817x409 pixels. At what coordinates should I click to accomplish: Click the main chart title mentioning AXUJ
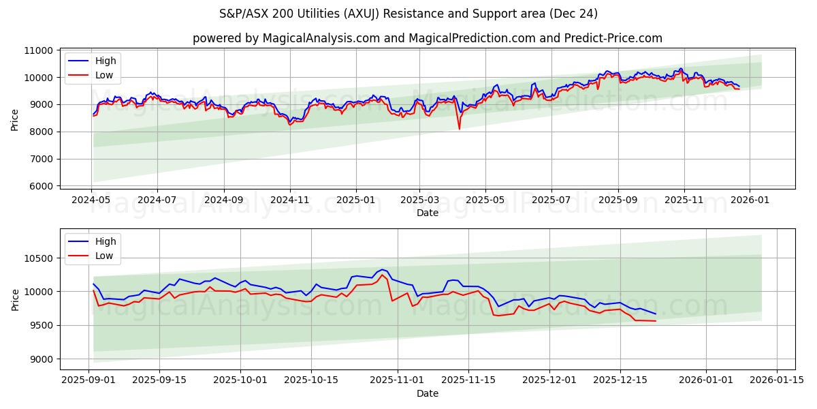[408, 14]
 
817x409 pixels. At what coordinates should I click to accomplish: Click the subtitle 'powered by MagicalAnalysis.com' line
[427, 38]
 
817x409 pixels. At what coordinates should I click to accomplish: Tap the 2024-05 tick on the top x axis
[91, 200]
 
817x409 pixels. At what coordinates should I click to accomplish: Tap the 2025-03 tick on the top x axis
[419, 200]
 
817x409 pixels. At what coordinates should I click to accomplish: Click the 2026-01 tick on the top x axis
[750, 200]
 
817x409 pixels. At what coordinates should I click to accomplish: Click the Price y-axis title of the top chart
[15, 119]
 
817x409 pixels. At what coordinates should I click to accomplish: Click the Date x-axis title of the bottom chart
[427, 393]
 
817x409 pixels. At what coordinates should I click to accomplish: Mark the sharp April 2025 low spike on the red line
[459, 129]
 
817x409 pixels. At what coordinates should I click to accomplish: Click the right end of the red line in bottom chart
[656, 321]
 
